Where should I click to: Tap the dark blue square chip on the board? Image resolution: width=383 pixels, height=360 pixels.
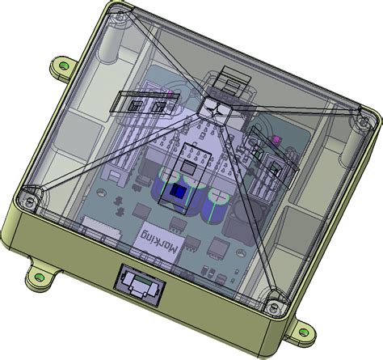pyautogui.click(x=176, y=191)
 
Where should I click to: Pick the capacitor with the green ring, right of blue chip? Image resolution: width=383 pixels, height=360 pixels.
pyautogui.click(x=216, y=204)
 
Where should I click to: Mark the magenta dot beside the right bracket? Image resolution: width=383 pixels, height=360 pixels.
pyautogui.click(x=276, y=140)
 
